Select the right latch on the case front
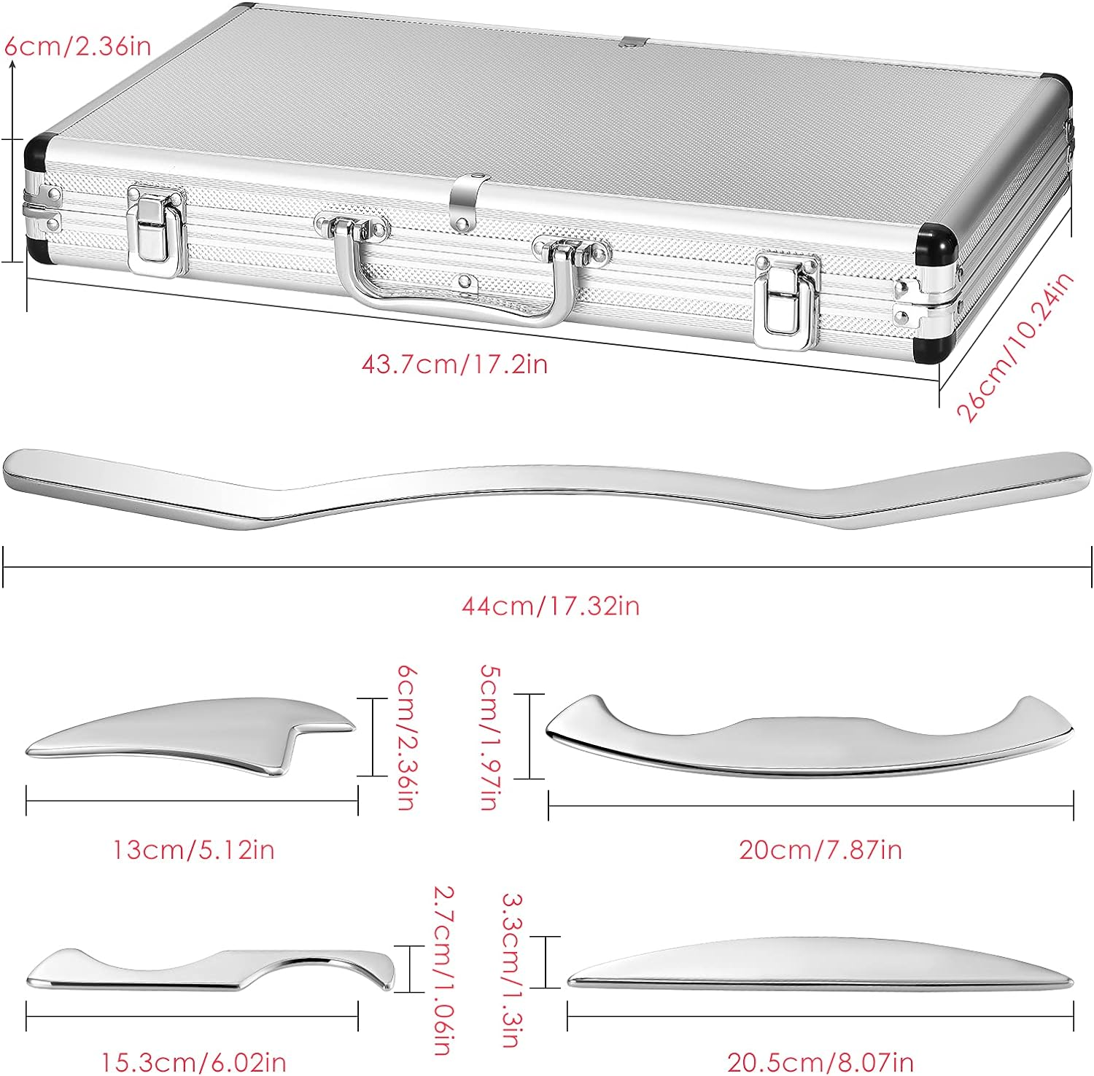click(785, 301)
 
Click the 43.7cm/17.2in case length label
click(454, 363)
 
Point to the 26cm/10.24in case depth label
click(1015, 347)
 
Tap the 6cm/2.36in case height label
click(78, 46)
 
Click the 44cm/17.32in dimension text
click(550, 605)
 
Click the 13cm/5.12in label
click(193, 849)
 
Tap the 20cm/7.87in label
click(820, 849)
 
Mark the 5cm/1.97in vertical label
click(489, 736)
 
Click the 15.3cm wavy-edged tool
click(212, 968)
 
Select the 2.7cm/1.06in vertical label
click(443, 970)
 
